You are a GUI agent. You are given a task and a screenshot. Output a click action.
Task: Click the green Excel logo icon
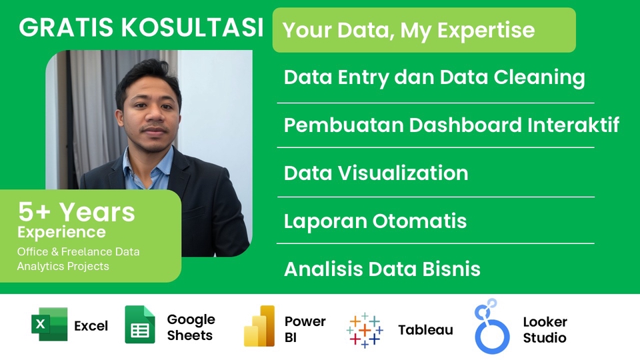click(x=49, y=325)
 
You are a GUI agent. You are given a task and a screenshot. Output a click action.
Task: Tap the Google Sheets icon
click(x=139, y=325)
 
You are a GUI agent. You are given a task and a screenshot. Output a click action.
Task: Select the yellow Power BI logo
click(x=259, y=326)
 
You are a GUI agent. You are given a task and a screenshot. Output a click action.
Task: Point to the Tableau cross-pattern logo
click(x=365, y=330)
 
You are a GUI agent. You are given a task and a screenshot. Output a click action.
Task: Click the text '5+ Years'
click(x=76, y=213)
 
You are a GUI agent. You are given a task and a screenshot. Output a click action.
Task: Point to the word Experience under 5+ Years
click(x=61, y=232)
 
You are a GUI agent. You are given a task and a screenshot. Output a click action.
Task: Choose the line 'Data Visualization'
click(x=375, y=173)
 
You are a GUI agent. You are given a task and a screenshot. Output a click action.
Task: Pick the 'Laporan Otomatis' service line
click(x=375, y=221)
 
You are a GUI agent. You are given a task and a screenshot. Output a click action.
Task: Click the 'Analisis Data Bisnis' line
click(x=382, y=269)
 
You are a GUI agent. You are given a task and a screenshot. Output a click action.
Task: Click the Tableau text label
click(x=425, y=330)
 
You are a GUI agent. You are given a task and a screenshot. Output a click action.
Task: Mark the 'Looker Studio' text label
click(x=545, y=330)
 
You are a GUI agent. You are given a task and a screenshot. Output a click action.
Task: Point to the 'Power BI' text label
click(x=305, y=329)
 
